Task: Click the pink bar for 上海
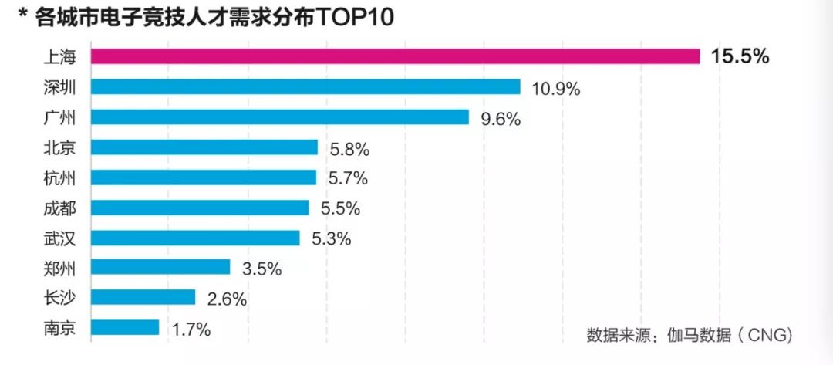(395, 56)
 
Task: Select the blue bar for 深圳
(305, 86)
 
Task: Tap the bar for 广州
(280, 117)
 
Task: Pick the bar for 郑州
(160, 267)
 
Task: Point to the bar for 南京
(125, 327)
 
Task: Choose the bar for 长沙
(143, 297)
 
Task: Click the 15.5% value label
(740, 56)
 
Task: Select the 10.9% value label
(555, 88)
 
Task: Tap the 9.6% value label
(501, 118)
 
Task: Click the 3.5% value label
(261, 269)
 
